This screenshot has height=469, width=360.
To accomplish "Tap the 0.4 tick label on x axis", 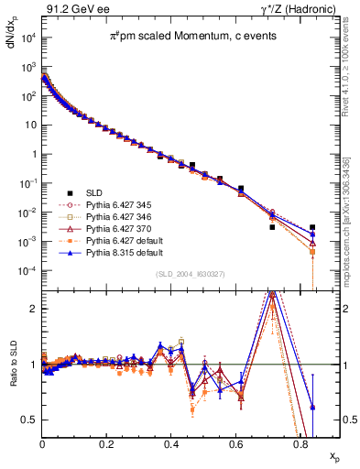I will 171,442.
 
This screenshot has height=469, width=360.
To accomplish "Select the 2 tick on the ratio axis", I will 34,309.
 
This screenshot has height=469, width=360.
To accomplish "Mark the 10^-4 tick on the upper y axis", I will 28,271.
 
